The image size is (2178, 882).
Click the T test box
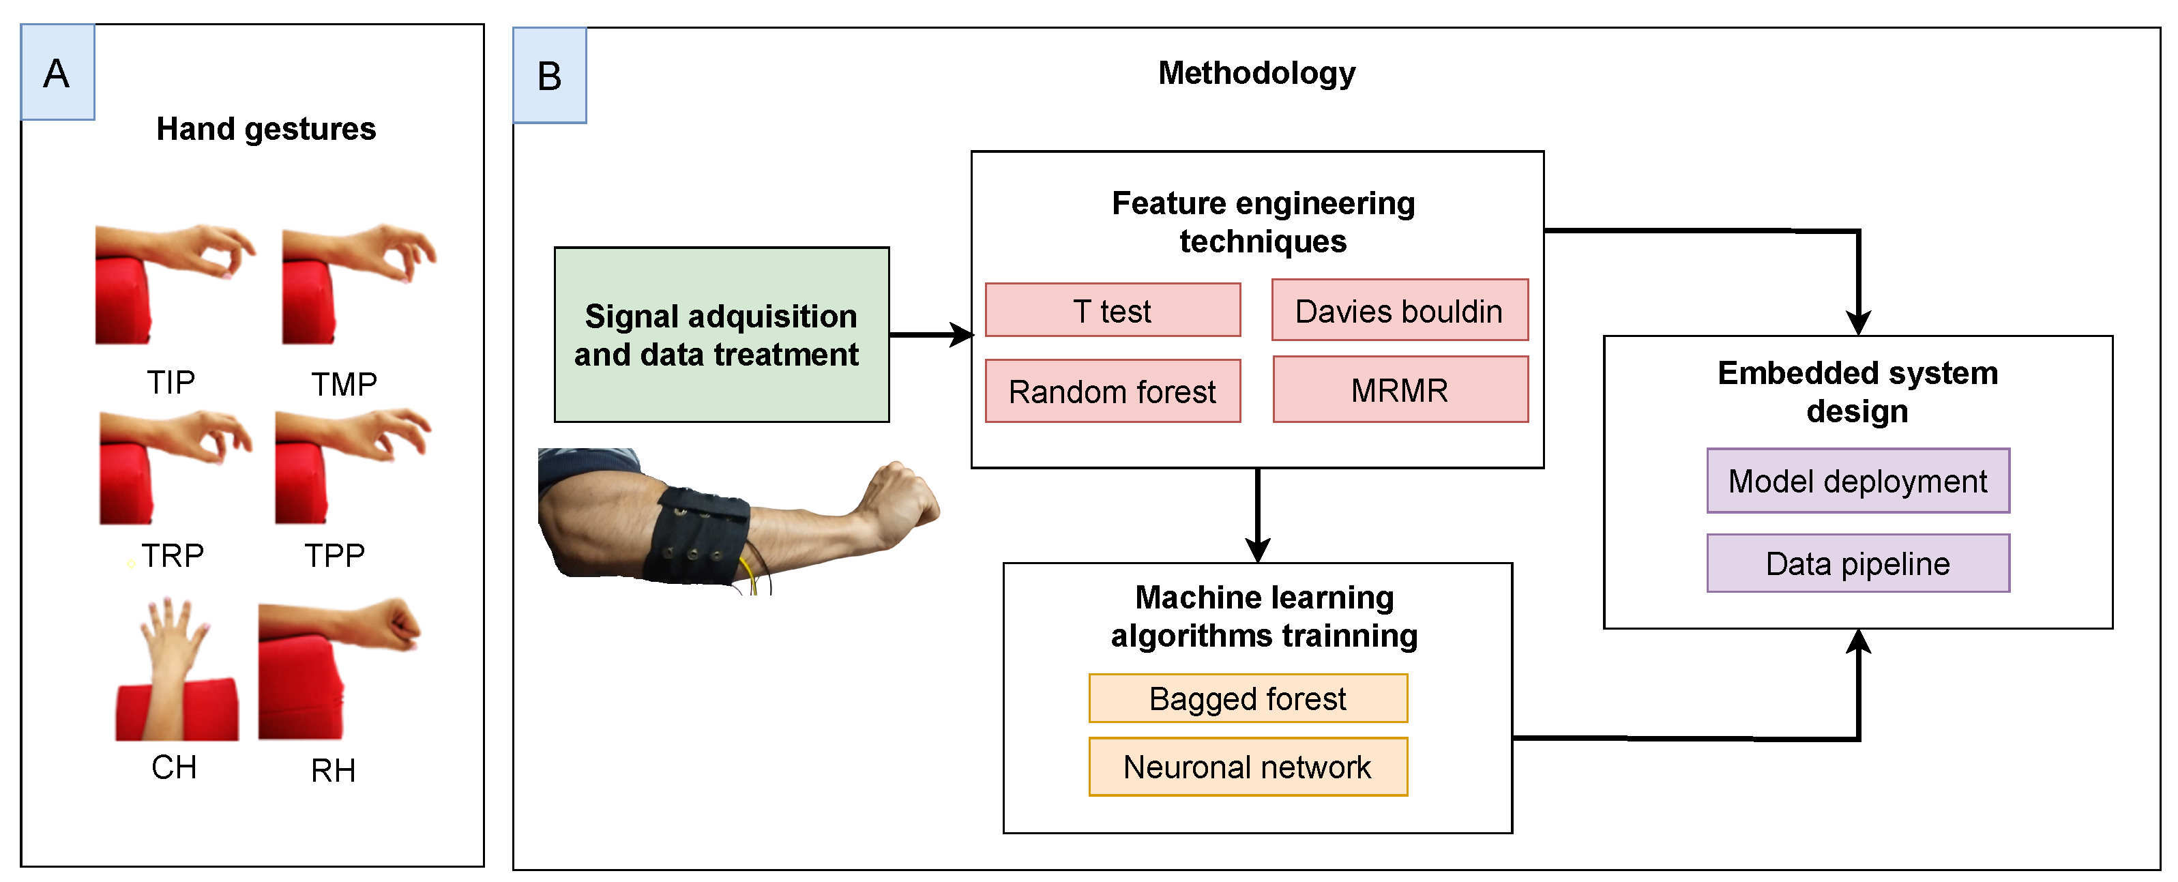click(x=1112, y=310)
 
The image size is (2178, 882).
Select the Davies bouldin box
click(x=1399, y=310)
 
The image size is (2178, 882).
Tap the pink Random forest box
click(x=1112, y=391)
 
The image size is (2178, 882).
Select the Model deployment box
click(x=1857, y=480)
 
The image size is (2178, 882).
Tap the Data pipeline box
click(x=1857, y=563)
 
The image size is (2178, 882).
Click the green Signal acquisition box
click(x=720, y=335)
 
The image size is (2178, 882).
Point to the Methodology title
click(x=1256, y=73)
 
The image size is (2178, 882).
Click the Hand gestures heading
click(x=265, y=128)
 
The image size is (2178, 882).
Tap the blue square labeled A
click(x=57, y=73)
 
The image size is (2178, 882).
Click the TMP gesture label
click(x=343, y=384)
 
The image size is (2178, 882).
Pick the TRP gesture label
click(x=172, y=555)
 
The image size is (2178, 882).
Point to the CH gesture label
click(x=173, y=767)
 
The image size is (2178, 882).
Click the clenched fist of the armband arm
click(x=900, y=499)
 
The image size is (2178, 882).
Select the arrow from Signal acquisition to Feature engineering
click(x=930, y=335)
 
